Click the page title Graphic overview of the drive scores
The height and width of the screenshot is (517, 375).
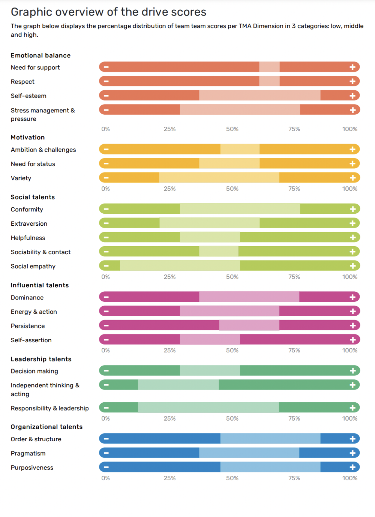[108, 12]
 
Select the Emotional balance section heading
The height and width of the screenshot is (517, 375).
[40, 55]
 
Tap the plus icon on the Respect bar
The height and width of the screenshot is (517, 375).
[352, 81]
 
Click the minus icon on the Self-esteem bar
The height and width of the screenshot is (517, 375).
[106, 96]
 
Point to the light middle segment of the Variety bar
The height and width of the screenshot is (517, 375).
[219, 178]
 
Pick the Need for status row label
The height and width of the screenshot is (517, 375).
[33, 164]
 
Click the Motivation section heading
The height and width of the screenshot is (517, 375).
[28, 137]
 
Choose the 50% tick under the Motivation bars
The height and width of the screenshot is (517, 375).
[232, 189]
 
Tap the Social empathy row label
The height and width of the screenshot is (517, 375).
[33, 266]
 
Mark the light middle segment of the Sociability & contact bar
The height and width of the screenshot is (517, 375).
[219, 252]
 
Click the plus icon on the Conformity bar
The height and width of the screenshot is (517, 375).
[352, 209]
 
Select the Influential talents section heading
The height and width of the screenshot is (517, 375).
[40, 285]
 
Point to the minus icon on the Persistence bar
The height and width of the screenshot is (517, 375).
[106, 325]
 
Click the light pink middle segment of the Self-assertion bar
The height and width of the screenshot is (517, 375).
[210, 340]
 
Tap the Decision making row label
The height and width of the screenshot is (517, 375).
[34, 371]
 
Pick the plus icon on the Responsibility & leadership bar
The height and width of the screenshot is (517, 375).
[352, 408]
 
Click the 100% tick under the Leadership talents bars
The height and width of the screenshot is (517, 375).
[349, 418]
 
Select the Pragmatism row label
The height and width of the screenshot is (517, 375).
[28, 453]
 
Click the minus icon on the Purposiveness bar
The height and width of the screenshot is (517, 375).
[106, 467]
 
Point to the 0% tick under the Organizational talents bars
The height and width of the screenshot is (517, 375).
[106, 478]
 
